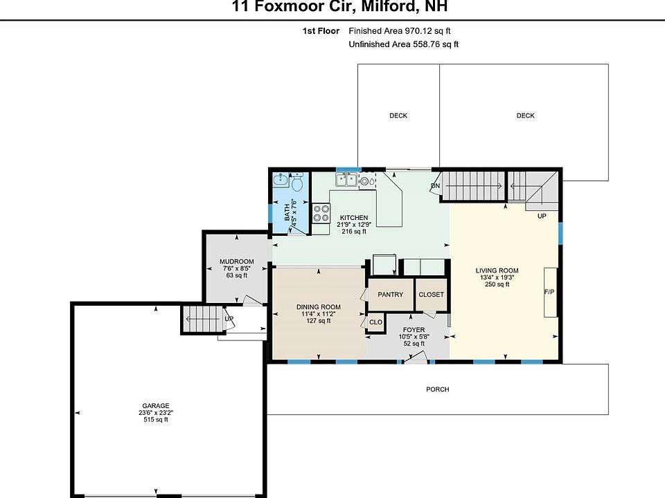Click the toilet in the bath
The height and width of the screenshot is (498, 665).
pos(297,182)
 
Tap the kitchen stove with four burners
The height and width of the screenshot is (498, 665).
pos(321,213)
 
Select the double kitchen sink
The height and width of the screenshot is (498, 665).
pos(346,180)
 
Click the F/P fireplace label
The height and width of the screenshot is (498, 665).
pos(549,292)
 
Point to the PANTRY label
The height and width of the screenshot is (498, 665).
pos(390,295)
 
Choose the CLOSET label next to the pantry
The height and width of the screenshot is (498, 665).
pos(431,295)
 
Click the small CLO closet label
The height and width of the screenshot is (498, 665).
pos(375,322)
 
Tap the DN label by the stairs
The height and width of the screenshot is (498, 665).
pos(435,186)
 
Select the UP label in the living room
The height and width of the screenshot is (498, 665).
pos(542,216)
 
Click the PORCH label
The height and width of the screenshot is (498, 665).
pos(437,389)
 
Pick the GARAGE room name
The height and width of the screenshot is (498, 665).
pos(156,406)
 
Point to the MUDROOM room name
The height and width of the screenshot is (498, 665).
pos(237,261)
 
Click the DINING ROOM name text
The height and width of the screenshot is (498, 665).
pos(319,307)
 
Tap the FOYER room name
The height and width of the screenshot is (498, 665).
pos(414,330)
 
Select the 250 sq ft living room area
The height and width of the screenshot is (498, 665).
pos(497,284)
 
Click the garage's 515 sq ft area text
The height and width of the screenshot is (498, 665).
pos(156,420)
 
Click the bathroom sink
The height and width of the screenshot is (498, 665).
pos(281,180)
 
